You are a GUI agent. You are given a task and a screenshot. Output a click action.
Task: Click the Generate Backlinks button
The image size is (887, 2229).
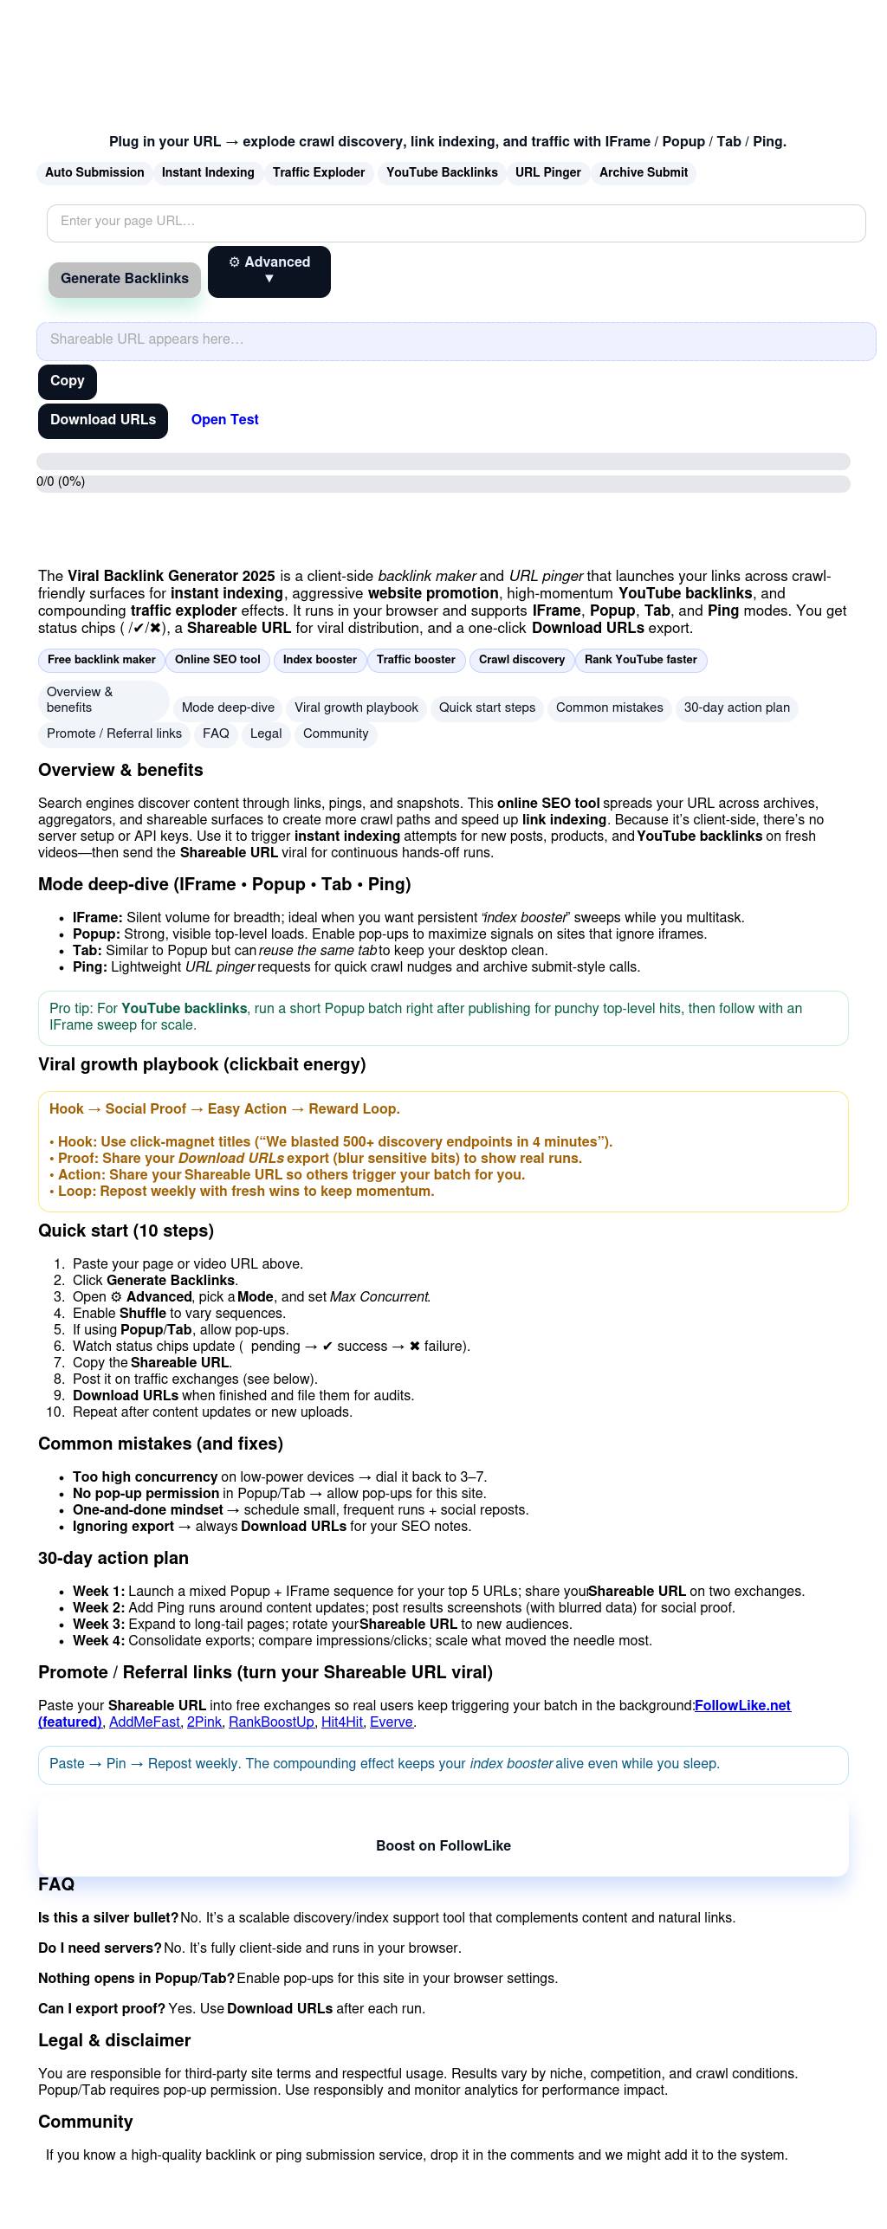point(125,279)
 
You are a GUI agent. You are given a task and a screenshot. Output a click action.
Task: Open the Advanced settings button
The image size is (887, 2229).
point(269,271)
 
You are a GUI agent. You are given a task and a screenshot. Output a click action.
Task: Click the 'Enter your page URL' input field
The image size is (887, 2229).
point(456,223)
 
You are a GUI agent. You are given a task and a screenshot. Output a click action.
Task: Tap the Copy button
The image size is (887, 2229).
point(68,381)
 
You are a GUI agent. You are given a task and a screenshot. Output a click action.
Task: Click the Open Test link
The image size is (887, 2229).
point(224,420)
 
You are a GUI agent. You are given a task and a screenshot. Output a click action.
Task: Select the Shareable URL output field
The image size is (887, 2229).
point(456,340)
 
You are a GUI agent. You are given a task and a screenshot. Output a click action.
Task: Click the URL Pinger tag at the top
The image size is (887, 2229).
point(547,173)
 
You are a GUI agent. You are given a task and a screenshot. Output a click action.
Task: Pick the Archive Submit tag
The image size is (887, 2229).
point(643,173)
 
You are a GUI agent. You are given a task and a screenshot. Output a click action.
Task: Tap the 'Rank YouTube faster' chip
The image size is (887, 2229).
point(640,660)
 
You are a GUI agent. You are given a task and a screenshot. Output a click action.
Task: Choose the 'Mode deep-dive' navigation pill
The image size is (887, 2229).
point(228,708)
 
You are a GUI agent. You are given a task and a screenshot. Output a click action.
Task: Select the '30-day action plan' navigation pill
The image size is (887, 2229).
point(736,708)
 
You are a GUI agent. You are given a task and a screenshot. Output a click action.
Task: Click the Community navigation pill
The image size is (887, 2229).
point(335,734)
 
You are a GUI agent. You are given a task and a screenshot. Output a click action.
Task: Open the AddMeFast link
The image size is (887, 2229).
point(144,1722)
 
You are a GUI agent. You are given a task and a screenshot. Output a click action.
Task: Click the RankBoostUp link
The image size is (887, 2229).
point(271,1722)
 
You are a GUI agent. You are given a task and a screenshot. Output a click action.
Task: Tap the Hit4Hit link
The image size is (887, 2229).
point(341,1722)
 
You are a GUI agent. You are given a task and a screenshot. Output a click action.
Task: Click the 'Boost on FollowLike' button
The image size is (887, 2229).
point(443,1846)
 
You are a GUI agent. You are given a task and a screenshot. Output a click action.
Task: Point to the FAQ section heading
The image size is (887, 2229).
point(56,1885)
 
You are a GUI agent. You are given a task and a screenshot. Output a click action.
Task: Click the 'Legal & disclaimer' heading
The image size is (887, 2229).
point(114,2041)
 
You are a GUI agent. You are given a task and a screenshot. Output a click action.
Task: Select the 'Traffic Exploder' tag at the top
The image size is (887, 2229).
point(319,173)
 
